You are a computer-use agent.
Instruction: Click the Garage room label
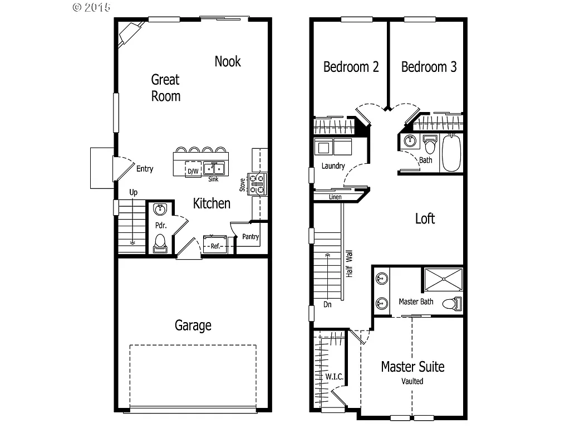193,325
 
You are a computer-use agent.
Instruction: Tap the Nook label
228,61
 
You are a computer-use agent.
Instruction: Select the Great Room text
166,87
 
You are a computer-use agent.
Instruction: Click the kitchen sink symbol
213,168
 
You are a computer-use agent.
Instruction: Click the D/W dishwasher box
193,171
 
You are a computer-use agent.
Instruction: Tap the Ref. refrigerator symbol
215,245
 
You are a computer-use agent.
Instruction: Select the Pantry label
250,237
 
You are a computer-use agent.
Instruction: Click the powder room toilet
160,244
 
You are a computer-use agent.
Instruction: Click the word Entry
145,169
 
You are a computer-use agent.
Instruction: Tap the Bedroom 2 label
351,67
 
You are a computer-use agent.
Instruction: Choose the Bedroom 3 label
429,67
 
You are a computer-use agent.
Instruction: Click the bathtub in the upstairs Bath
451,153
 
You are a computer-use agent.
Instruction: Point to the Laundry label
333,166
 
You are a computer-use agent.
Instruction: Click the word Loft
425,218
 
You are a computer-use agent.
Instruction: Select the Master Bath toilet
452,304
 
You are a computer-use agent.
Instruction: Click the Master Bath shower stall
443,280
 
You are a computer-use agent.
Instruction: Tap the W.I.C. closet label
334,377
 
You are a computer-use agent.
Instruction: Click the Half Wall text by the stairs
350,264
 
